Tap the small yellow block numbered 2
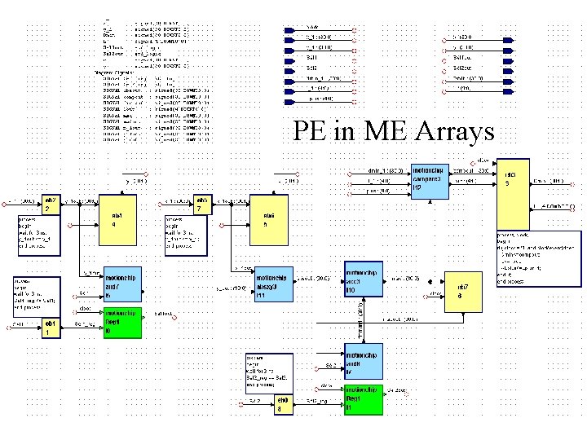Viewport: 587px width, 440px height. pyautogui.click(x=49, y=203)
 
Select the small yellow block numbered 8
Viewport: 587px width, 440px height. pyautogui.click(x=280, y=404)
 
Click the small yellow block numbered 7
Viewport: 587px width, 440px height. pyautogui.click(x=201, y=203)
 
